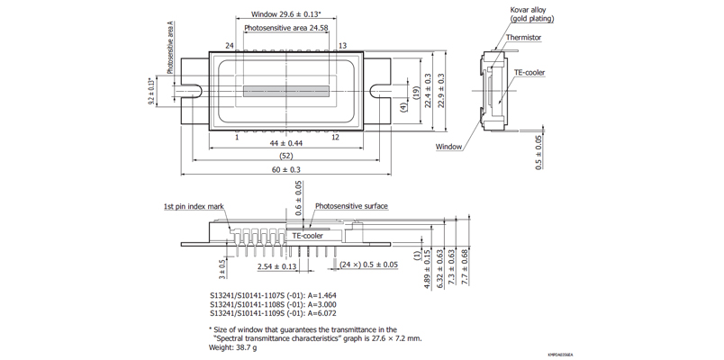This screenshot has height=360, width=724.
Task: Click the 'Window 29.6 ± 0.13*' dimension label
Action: [285, 14]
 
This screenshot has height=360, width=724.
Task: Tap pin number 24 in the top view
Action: [230, 46]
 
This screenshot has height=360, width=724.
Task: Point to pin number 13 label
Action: [342, 46]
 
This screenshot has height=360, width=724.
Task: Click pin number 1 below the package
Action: [237, 137]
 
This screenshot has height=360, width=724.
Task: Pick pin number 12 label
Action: [335, 137]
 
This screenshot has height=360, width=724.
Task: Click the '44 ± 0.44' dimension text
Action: [286, 144]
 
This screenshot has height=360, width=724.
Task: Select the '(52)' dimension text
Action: [285, 157]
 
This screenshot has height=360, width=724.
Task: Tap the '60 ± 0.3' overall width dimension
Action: [285, 170]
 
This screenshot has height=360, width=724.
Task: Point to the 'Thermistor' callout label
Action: [524, 38]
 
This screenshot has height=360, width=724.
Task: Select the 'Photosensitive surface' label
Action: [351, 206]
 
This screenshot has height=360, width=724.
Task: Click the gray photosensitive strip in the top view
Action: [287, 91]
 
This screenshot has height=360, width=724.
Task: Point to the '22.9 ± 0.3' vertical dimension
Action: [440, 91]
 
